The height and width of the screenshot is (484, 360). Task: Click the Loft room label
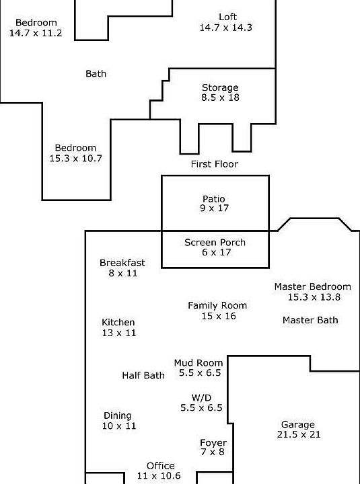227,17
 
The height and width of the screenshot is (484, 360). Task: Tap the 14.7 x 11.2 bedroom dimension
36,33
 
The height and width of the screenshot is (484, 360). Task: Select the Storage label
220,87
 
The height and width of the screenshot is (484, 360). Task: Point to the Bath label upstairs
96,74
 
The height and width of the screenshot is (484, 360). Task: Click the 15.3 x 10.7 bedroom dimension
76,159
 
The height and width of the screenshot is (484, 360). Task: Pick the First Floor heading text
215,164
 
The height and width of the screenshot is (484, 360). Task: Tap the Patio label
214,198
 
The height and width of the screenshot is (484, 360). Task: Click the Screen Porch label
215,242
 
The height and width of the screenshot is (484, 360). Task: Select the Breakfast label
122,263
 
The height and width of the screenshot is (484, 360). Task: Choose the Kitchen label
118,322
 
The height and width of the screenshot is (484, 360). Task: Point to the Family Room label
217,306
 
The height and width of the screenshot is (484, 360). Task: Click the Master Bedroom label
313,286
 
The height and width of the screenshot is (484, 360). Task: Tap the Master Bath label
310,320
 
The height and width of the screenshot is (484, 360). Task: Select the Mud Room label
199,363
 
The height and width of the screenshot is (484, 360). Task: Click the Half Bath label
143,375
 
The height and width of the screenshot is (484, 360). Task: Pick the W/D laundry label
201,397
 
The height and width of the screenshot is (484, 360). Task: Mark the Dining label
118,416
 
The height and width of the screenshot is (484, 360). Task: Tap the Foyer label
213,443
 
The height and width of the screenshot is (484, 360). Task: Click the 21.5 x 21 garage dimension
299,435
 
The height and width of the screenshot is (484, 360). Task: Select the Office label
161,466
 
